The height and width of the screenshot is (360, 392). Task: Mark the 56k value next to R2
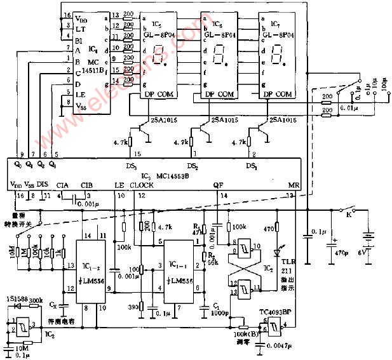click(x=213, y=261)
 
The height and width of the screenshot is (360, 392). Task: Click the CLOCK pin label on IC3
click(x=141, y=185)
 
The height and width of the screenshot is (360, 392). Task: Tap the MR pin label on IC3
click(x=293, y=185)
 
